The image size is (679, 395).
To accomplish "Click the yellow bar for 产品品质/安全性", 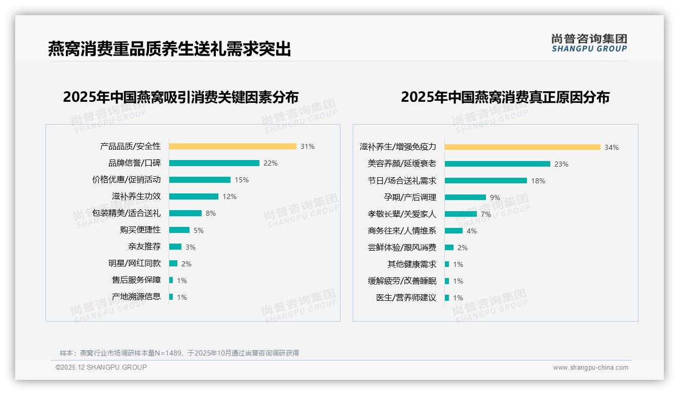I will (x=233, y=146).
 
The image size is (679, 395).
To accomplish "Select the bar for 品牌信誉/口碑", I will (x=214, y=163).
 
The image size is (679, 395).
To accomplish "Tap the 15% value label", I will (x=242, y=180).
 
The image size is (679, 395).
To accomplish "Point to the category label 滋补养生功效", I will (x=136, y=196).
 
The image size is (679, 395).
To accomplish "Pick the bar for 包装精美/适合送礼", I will (x=185, y=213).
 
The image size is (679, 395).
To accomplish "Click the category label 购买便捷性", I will (x=140, y=230).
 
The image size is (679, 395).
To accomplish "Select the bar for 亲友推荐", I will (x=175, y=247).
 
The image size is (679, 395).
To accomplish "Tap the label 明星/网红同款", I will (x=134, y=263).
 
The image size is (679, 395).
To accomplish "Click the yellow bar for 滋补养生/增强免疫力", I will (x=522, y=147).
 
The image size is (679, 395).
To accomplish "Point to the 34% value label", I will (x=611, y=147).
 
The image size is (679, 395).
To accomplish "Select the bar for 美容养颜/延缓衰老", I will (x=498, y=164).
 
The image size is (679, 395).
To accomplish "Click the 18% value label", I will (x=538, y=181).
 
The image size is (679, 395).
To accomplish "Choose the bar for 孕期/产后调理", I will (x=465, y=197).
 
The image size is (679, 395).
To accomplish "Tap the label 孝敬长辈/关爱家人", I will (x=402, y=214).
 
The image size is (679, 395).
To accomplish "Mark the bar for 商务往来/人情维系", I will (x=454, y=231).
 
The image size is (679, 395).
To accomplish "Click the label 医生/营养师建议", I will (x=406, y=298).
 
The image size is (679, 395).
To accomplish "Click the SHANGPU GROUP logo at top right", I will (x=589, y=43).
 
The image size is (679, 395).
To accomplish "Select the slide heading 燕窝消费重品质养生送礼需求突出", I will (x=170, y=49).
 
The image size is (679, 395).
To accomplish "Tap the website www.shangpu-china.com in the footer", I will (x=590, y=368).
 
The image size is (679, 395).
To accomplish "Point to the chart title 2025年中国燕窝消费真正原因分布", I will (x=505, y=97).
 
